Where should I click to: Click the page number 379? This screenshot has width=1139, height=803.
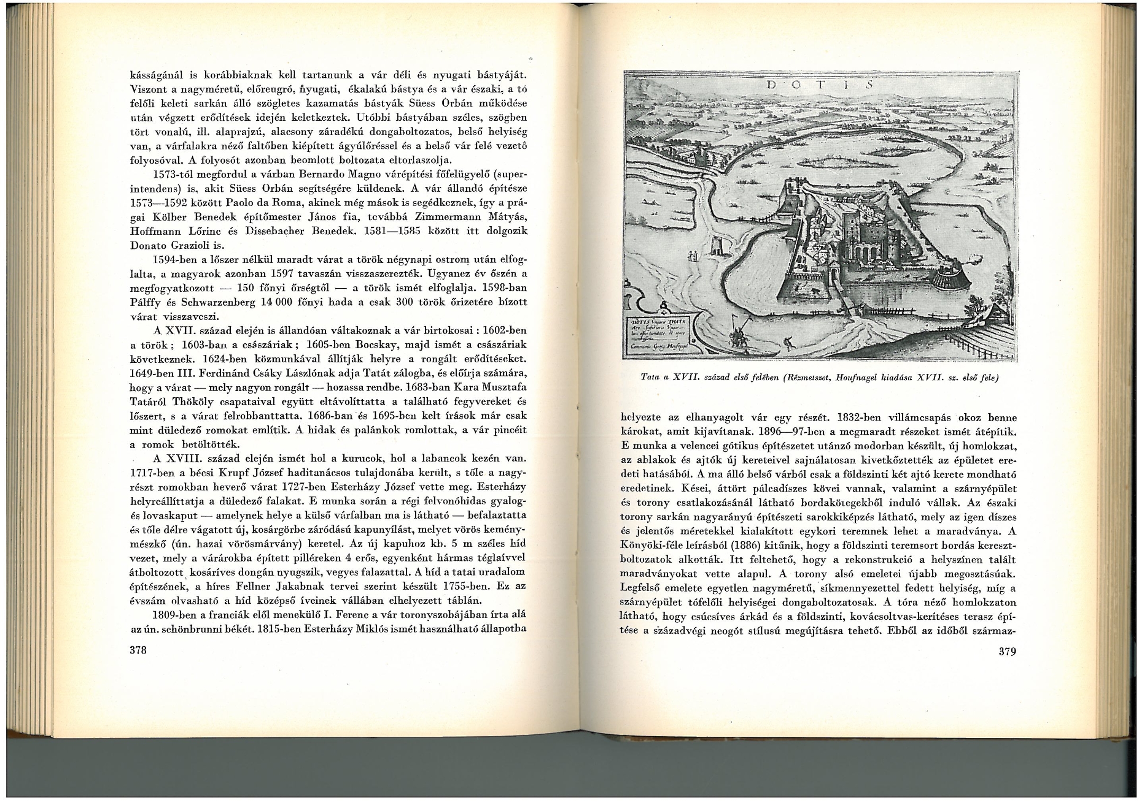coord(1007,652)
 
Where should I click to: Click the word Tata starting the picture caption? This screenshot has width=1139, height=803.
coord(649,379)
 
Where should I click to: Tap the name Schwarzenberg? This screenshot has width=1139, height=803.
coord(218,303)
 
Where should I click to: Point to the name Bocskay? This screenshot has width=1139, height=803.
coord(382,345)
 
